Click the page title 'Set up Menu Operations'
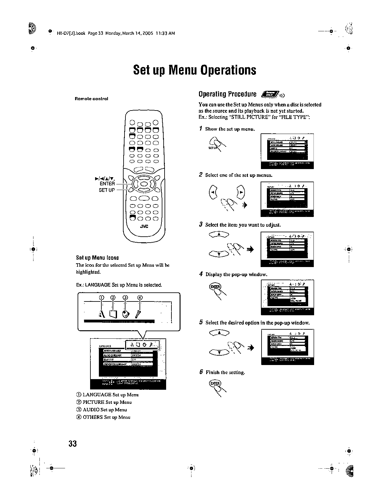(194, 70)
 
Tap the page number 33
(73, 444)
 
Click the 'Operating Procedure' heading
(227, 94)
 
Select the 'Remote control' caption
(91, 99)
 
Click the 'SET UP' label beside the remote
(107, 190)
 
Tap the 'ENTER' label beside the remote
(107, 183)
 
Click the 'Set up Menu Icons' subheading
(97, 258)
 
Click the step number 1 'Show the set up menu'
(201, 129)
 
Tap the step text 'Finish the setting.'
(225, 372)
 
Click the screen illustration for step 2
(287, 199)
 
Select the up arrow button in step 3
(219, 234)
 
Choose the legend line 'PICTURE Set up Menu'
(107, 402)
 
